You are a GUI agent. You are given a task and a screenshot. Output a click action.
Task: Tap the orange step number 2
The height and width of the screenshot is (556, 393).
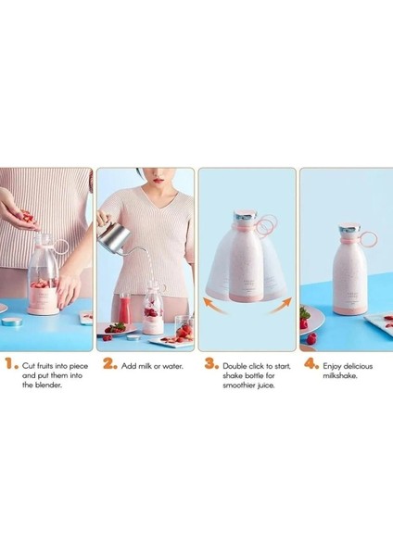[x=109, y=366]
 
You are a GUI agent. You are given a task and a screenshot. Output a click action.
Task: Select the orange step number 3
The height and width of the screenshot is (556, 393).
[x=210, y=366]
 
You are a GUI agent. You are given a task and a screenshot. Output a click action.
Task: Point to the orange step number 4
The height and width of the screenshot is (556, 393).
[x=311, y=366]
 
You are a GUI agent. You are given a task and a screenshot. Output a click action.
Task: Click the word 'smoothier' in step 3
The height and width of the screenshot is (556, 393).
[x=242, y=387]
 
